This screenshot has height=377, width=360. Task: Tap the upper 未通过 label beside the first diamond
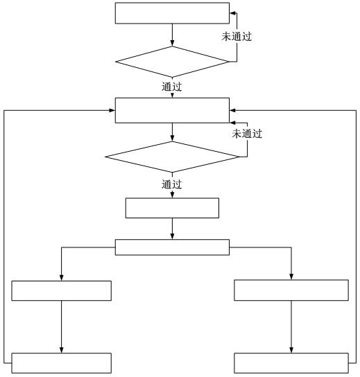click(237, 36)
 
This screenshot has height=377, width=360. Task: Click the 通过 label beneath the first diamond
click(171, 87)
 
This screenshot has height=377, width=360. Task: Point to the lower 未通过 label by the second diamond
click(247, 134)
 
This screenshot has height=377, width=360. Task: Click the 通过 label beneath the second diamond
click(171, 184)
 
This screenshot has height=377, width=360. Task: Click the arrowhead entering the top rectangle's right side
click(232, 13)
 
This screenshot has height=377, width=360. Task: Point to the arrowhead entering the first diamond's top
click(172, 44)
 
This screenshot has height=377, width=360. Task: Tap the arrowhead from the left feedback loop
click(112, 110)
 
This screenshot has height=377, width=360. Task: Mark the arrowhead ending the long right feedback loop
click(232, 110)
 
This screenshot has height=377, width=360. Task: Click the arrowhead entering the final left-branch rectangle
click(61, 350)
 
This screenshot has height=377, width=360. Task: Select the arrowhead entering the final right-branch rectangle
click(291, 350)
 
